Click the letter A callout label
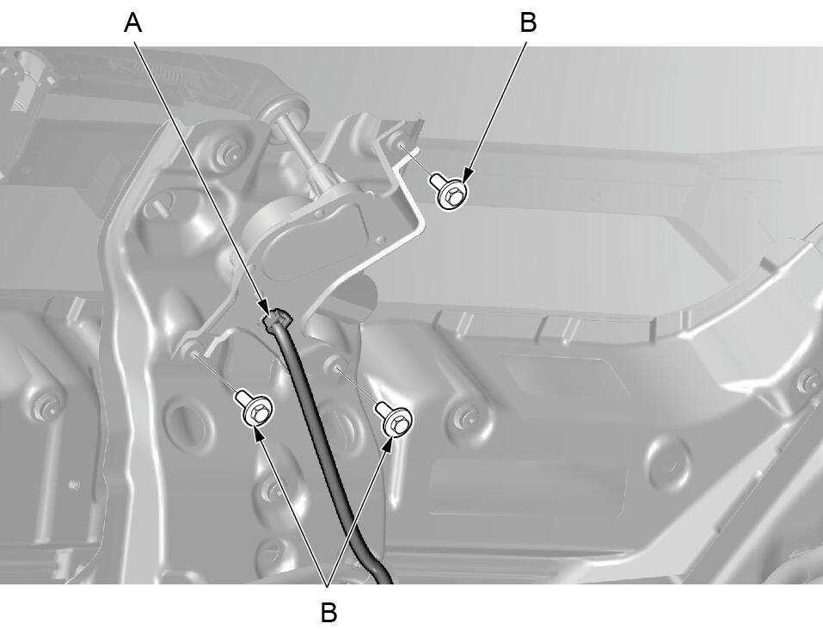click(x=133, y=23)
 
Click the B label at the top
click(x=528, y=23)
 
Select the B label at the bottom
click(x=329, y=612)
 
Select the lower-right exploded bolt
click(x=395, y=417)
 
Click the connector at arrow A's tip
click(x=277, y=319)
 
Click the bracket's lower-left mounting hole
click(x=191, y=350)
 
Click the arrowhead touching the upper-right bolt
click(x=468, y=174)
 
